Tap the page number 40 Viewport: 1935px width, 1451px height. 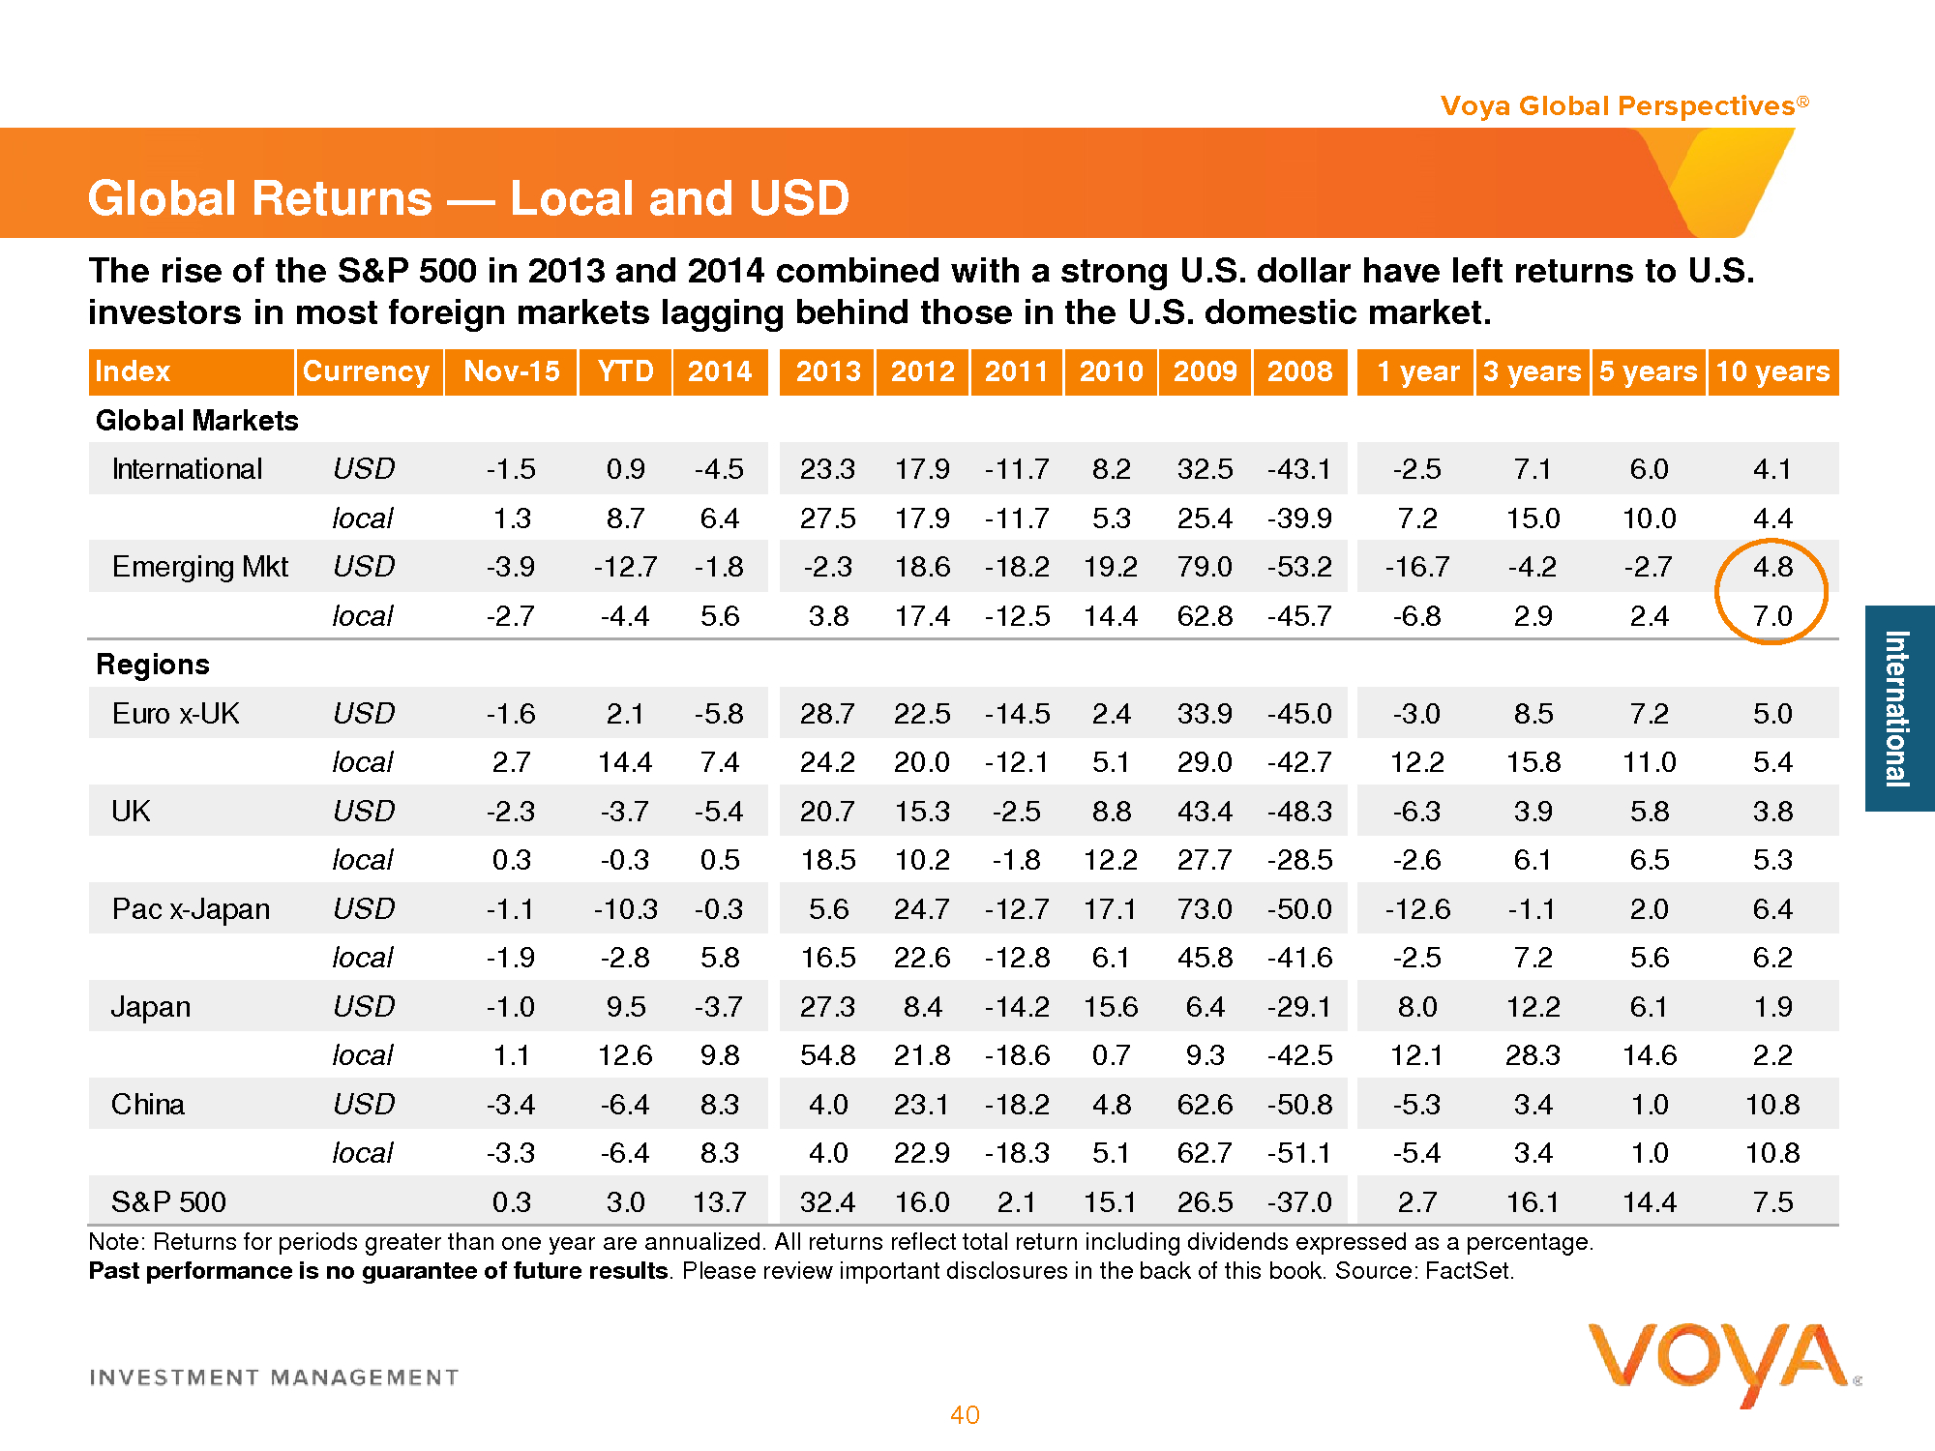click(x=965, y=1415)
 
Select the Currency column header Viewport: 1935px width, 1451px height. click(x=366, y=371)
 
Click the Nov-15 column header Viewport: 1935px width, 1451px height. click(x=512, y=371)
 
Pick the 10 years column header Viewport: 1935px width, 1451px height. click(x=1772, y=371)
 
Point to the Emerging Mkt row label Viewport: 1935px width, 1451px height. click(x=200, y=566)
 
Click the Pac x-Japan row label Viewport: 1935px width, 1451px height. click(x=191, y=908)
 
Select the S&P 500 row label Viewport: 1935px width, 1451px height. click(x=168, y=1201)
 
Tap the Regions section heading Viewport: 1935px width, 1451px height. click(x=153, y=665)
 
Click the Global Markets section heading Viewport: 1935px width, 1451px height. click(x=197, y=421)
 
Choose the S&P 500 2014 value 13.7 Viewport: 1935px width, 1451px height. click(x=720, y=1201)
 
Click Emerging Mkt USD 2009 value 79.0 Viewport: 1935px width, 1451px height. click(x=1205, y=566)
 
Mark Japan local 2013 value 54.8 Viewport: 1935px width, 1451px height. click(x=828, y=1054)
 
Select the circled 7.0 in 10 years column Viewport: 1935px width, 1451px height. click(x=1772, y=615)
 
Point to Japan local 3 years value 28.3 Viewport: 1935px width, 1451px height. click(x=1533, y=1054)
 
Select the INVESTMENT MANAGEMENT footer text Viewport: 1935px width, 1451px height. click(x=274, y=1377)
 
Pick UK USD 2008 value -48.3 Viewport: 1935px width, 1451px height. click(x=1299, y=811)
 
